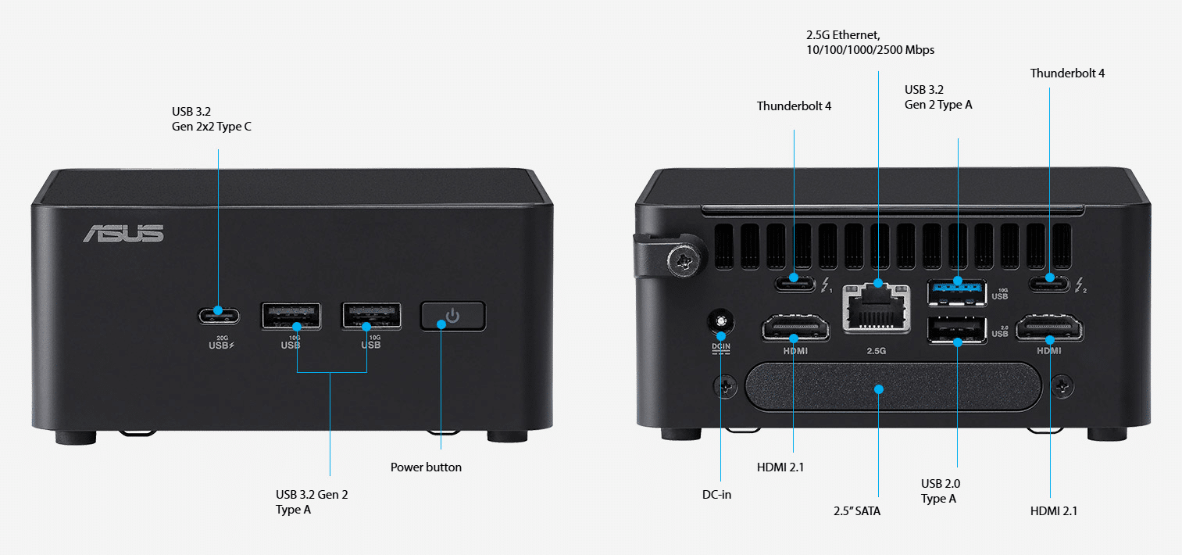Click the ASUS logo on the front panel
pyautogui.click(x=123, y=234)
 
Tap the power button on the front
pyautogui.click(x=453, y=317)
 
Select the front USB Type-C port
pyautogui.click(x=219, y=317)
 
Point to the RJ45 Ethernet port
pyautogui.click(x=877, y=309)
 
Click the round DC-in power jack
pyautogui.click(x=721, y=321)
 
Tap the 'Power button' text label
pyautogui.click(x=426, y=467)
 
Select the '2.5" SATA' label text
pyautogui.click(x=857, y=511)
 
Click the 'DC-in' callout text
pyautogui.click(x=716, y=495)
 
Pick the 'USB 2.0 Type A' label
pyautogui.click(x=941, y=491)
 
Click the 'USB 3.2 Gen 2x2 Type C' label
pyautogui.click(x=211, y=119)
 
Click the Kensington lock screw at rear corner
pyautogui.click(x=684, y=260)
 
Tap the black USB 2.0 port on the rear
pyautogui.click(x=957, y=330)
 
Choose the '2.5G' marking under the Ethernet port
pyautogui.click(x=876, y=351)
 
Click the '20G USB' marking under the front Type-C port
pyautogui.click(x=222, y=342)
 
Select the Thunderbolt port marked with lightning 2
pyautogui.click(x=1049, y=285)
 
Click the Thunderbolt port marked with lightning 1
pyautogui.click(x=795, y=284)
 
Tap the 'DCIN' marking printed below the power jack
pyautogui.click(x=721, y=348)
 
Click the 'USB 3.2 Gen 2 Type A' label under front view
pyautogui.click(x=312, y=502)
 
